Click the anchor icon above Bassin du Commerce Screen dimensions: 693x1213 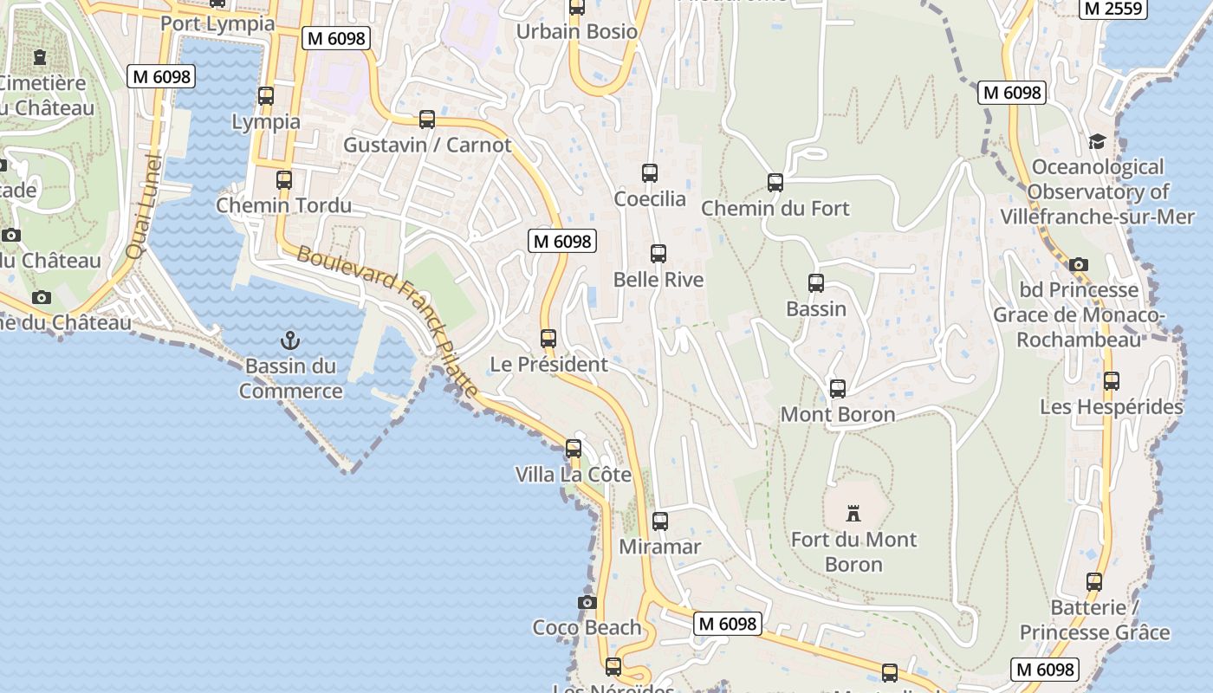pyautogui.click(x=289, y=340)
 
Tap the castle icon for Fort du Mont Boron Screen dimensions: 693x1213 pyautogui.click(x=853, y=514)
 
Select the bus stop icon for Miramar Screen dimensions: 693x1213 pyautogui.click(x=660, y=521)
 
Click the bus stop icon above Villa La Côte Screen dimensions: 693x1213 pyautogui.click(x=574, y=449)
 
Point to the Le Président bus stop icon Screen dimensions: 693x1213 pyautogui.click(x=548, y=339)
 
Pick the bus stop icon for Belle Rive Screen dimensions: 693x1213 pyautogui.click(x=658, y=254)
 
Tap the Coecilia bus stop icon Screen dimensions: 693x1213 pyautogui.click(x=650, y=173)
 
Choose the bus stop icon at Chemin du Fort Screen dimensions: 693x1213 pyautogui.click(x=775, y=183)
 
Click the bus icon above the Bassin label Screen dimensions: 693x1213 pyautogui.click(x=816, y=283)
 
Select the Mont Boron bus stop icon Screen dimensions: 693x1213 pyautogui.click(x=838, y=389)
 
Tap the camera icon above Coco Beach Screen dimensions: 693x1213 pyautogui.click(x=587, y=602)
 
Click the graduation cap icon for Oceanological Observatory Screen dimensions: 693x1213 pyautogui.click(x=1097, y=141)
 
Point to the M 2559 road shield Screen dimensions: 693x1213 pyautogui.click(x=1113, y=9)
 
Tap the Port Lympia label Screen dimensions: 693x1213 pyautogui.click(x=217, y=23)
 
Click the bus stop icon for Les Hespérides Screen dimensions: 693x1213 pyautogui.click(x=1112, y=380)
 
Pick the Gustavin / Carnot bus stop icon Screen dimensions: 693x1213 pyautogui.click(x=427, y=120)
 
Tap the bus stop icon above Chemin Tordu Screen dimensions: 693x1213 pyautogui.click(x=284, y=180)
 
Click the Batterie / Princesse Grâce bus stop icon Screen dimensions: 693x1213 pyautogui.click(x=1095, y=582)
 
